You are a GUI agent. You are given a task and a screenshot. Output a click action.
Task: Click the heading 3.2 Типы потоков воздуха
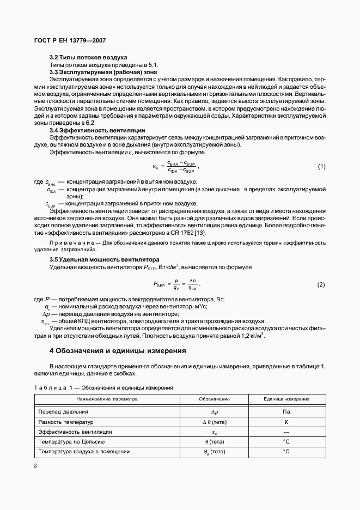point(88,57)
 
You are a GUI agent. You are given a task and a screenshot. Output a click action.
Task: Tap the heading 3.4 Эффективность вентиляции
point(97,130)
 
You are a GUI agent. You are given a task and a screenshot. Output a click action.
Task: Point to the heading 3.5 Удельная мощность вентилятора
point(104,260)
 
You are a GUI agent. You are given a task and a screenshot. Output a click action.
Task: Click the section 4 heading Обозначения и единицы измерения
point(118,351)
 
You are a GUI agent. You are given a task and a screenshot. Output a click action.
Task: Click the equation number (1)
point(321,166)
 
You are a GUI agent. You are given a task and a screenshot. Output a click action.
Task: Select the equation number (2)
point(321,284)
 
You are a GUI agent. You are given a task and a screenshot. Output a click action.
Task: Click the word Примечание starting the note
point(70,241)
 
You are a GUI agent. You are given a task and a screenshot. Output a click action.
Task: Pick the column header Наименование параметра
point(107,399)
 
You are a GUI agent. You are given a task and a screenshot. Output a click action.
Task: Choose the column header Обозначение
point(213,399)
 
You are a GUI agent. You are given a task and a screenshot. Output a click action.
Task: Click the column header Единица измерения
point(286,399)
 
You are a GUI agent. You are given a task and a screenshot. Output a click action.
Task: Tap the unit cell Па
point(286,412)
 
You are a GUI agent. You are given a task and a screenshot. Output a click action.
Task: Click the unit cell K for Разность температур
point(286,422)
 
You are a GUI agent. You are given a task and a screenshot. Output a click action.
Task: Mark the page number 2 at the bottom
point(35,465)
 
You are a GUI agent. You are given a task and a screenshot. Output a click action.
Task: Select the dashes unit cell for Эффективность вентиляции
point(286,432)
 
